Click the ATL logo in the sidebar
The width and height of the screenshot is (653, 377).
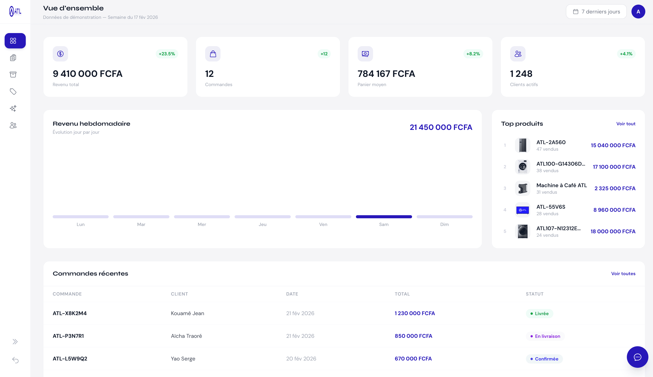coord(15,11)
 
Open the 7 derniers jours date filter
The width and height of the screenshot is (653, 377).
coord(596,12)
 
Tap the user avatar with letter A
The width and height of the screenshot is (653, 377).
coord(638,12)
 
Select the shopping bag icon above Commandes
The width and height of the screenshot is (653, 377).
coord(213,54)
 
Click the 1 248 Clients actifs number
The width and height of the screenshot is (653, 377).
coord(521,74)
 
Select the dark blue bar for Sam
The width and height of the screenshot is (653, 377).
coord(384,217)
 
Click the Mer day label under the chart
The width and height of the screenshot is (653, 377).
coord(202,224)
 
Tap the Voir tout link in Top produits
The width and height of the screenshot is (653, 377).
coord(626,124)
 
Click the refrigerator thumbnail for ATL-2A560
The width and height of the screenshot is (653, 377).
coord(522,145)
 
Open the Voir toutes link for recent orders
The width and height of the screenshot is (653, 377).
coord(623,274)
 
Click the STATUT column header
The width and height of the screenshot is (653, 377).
coord(534,294)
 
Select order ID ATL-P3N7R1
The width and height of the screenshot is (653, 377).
coord(68,336)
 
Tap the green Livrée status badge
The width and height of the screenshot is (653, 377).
coord(539,314)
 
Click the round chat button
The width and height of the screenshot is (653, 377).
coord(637,357)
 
